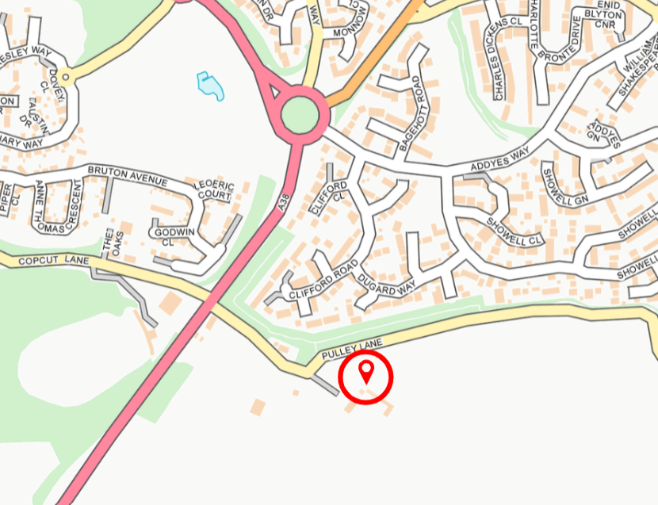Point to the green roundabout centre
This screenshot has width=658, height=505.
[x=302, y=116]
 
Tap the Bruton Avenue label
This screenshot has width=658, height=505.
[x=127, y=175]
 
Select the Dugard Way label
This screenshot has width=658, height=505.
[x=386, y=284]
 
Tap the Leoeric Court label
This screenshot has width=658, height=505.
[x=215, y=191]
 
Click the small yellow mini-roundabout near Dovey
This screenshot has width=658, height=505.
[x=66, y=77]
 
